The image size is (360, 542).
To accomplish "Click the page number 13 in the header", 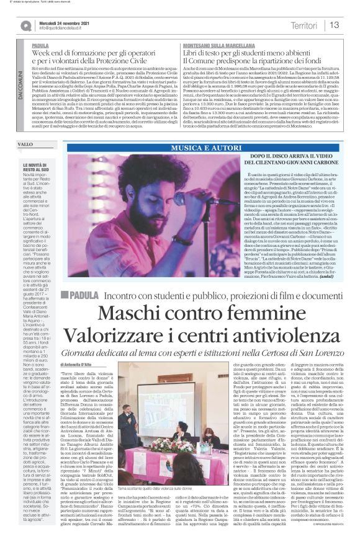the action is pyautogui.click(x=335, y=25).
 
